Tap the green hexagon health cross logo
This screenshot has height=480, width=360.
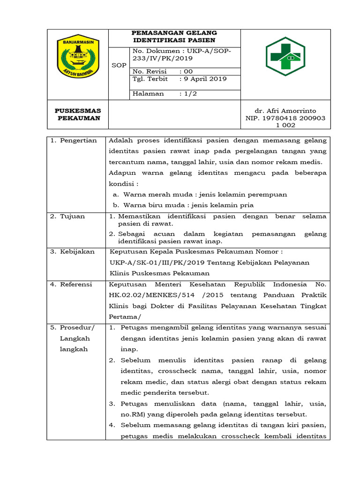[285, 57]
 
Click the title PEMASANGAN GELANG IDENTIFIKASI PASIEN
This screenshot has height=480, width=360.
[174, 37]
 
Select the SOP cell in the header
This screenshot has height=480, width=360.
[119, 65]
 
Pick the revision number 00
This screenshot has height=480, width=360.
[188, 71]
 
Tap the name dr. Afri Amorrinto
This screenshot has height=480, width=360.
[285, 111]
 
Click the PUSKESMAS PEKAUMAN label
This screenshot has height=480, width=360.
[78, 114]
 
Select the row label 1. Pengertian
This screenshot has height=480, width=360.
[73, 141]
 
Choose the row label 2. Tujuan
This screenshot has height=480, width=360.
[68, 217]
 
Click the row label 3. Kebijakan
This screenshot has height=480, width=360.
[72, 252]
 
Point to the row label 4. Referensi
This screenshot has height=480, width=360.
[72, 285]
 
